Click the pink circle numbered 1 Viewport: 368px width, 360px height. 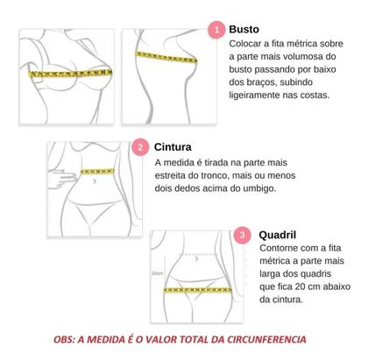click(x=216, y=30)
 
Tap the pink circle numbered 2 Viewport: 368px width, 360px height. click(x=140, y=148)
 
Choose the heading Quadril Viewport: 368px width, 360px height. click(x=281, y=236)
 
